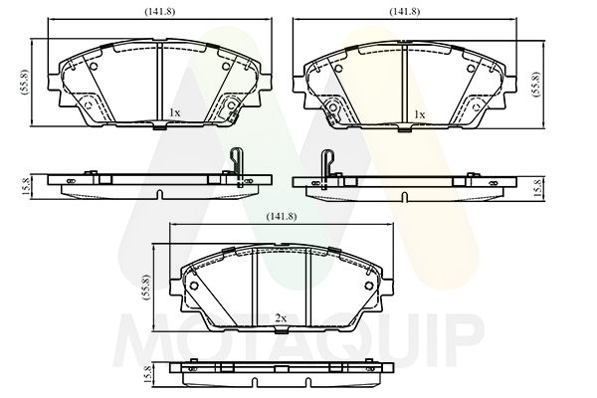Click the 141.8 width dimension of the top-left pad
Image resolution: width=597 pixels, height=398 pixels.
(x=159, y=11)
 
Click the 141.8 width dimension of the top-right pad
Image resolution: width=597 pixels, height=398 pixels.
(x=404, y=11)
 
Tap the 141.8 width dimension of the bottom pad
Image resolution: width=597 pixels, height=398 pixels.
(x=282, y=216)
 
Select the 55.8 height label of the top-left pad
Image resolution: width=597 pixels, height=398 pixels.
(x=25, y=82)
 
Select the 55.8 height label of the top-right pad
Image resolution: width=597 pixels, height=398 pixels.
(x=536, y=84)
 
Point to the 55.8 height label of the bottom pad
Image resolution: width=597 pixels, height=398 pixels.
(x=146, y=287)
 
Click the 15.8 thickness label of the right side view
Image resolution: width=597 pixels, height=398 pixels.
(x=537, y=188)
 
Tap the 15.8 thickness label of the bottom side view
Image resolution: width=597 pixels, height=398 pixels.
(x=148, y=374)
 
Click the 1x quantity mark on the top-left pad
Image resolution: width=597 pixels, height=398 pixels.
(x=174, y=112)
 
